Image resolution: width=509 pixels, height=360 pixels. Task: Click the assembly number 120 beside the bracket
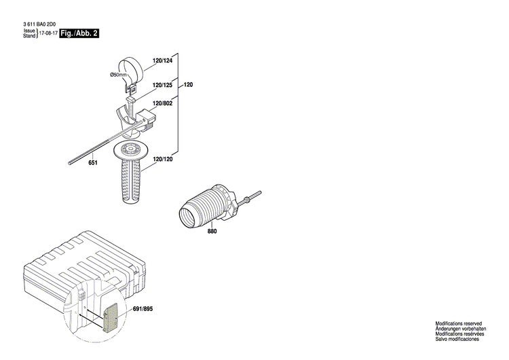click(189, 85)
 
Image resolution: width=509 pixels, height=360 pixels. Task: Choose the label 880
click(212, 232)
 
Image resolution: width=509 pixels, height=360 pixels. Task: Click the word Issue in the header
click(29, 31)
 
